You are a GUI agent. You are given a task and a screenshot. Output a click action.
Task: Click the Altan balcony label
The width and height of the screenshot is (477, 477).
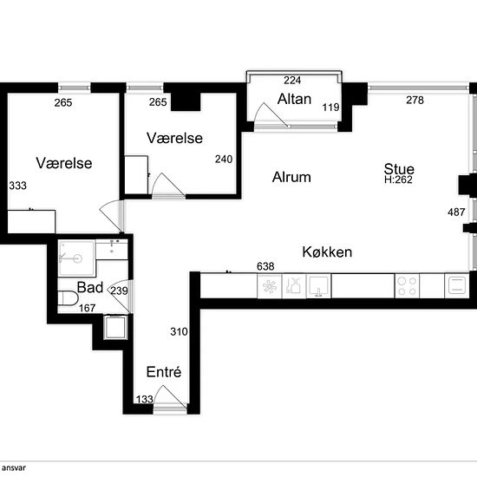[295, 99]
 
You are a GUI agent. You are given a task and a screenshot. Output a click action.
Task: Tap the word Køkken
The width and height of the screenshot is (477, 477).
[327, 252]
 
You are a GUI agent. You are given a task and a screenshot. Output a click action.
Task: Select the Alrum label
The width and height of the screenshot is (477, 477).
[291, 177]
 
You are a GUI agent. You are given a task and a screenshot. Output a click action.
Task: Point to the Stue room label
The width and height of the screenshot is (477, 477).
[399, 169]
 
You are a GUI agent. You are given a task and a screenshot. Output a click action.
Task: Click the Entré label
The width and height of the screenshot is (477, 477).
[164, 372]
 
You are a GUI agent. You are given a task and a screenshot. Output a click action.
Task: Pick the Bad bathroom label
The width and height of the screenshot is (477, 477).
[89, 287]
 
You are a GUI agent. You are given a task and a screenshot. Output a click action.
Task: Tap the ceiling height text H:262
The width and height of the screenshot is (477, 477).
[398, 180]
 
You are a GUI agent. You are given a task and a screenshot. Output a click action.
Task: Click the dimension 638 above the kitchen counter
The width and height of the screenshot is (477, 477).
[265, 266]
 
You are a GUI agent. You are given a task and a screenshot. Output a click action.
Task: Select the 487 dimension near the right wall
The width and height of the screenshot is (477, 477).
[456, 212]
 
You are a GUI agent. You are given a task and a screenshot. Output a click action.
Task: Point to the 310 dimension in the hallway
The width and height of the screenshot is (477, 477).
[179, 331]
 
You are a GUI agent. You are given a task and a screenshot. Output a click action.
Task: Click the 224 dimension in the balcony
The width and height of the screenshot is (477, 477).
[292, 81]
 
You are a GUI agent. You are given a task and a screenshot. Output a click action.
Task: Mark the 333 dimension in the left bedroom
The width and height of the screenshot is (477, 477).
[17, 186]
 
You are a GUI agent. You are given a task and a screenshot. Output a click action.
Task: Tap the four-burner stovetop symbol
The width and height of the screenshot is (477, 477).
[407, 286]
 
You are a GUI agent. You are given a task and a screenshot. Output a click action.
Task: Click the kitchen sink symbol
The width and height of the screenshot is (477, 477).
[319, 286]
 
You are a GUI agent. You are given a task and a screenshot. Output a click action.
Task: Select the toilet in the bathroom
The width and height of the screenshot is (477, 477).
[68, 298]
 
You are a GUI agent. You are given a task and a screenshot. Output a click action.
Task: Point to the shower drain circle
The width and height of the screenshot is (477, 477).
[78, 259]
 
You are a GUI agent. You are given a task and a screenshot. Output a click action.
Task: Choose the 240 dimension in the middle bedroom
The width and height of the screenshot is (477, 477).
[224, 160]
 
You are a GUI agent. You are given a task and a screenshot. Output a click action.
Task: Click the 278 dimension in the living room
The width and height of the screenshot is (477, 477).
[415, 100]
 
